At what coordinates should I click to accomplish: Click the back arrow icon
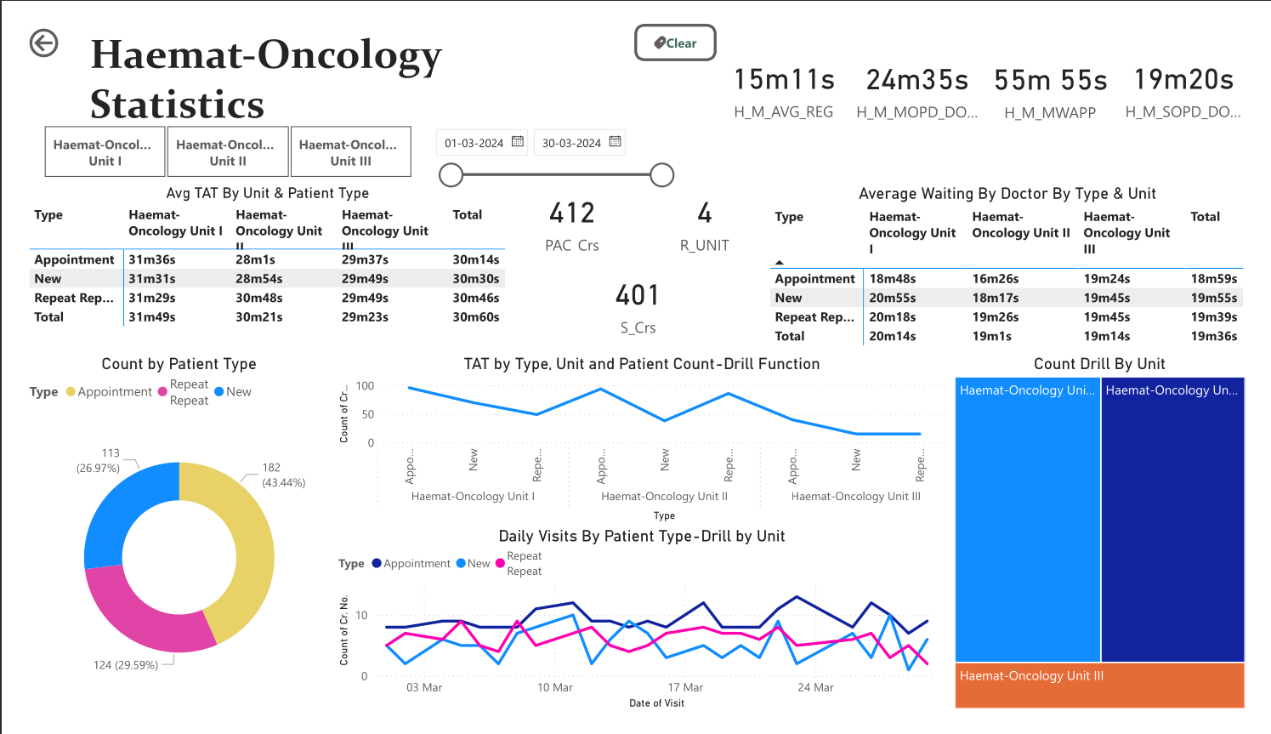click(43, 43)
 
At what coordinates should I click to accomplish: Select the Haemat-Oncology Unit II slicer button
click(228, 152)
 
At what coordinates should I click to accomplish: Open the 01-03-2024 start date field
click(474, 143)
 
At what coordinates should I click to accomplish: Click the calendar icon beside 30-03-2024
click(616, 141)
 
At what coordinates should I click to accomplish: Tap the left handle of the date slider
click(451, 175)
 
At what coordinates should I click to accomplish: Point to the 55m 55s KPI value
click(1050, 81)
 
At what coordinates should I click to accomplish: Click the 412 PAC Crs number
click(572, 213)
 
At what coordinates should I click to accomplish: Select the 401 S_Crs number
click(638, 295)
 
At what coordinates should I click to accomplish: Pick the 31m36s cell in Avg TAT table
click(152, 259)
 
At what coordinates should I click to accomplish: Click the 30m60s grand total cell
click(475, 317)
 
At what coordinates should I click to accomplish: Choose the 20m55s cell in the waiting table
click(893, 298)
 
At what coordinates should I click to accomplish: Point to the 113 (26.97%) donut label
click(99, 460)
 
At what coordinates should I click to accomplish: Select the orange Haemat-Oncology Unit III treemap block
click(1099, 685)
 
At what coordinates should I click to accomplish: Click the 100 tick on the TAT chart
click(365, 386)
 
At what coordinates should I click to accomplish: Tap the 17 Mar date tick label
click(685, 687)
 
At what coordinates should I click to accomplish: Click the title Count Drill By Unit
click(1099, 364)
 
